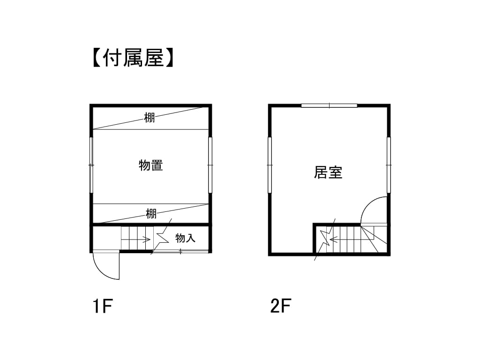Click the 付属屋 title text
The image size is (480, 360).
click(x=133, y=58)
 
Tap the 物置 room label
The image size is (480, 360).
click(x=150, y=165)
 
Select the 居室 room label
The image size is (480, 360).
click(x=328, y=172)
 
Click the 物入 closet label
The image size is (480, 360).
click(x=185, y=238)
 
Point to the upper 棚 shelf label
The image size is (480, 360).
click(x=150, y=118)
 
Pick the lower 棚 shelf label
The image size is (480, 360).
click(x=151, y=213)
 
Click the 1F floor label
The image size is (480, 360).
click(x=103, y=306)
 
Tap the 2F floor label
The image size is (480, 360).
click(x=280, y=306)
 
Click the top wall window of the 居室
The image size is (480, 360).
click(x=329, y=106)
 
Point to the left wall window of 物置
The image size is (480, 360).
click(x=91, y=165)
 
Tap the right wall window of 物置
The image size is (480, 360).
click(x=210, y=165)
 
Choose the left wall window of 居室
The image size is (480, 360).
click(x=270, y=165)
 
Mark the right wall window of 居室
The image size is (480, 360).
click(x=389, y=165)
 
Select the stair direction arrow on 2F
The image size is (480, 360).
click(x=352, y=239)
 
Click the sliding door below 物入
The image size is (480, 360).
click(x=180, y=251)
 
